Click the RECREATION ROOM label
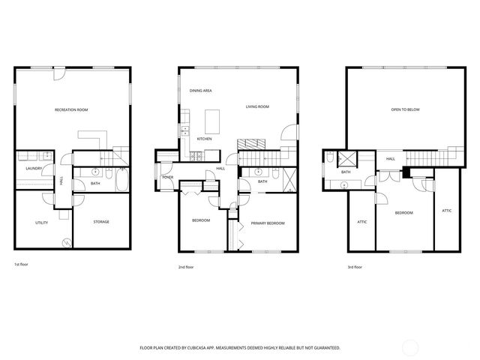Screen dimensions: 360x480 [x=71, y=110]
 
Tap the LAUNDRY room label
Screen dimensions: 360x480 [x=33, y=169]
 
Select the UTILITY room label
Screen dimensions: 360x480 [x=41, y=223]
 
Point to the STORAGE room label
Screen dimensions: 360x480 [x=101, y=222]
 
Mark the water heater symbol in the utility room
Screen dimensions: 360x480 [x=66, y=242]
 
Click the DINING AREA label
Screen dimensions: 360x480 [x=200, y=91]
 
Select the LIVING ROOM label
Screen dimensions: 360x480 [x=257, y=106]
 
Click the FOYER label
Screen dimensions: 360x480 [x=167, y=177]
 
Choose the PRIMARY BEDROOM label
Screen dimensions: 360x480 [x=268, y=223]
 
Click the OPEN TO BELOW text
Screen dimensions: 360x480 [x=404, y=110]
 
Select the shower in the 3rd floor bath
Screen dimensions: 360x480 [x=347, y=159]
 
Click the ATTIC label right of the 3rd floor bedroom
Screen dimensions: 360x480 [x=446, y=211]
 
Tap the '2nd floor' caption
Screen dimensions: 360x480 [x=186, y=267]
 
